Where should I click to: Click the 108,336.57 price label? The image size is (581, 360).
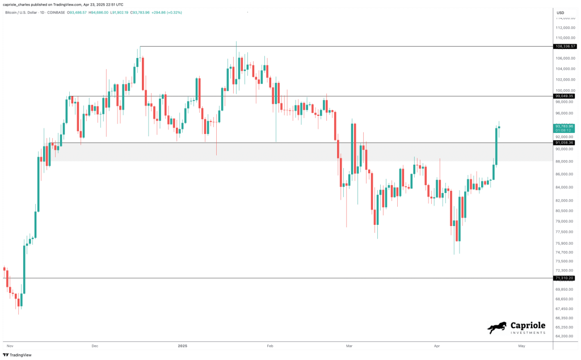[x=564, y=47]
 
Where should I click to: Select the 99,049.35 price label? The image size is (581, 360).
[x=564, y=97]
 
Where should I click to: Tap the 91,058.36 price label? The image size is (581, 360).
[x=564, y=143]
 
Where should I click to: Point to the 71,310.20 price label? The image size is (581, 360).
[x=564, y=278]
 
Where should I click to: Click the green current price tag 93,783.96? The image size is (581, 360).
[x=564, y=127]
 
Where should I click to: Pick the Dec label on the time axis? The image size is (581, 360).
[x=95, y=345]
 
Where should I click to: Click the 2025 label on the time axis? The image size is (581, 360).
[x=182, y=345]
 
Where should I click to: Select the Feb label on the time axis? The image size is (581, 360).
[x=270, y=345]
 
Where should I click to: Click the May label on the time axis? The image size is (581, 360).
[x=521, y=345]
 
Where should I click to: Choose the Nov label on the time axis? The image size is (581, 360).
[x=9, y=345]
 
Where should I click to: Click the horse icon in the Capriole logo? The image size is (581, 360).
[x=497, y=328]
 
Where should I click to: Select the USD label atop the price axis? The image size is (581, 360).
[x=560, y=12]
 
